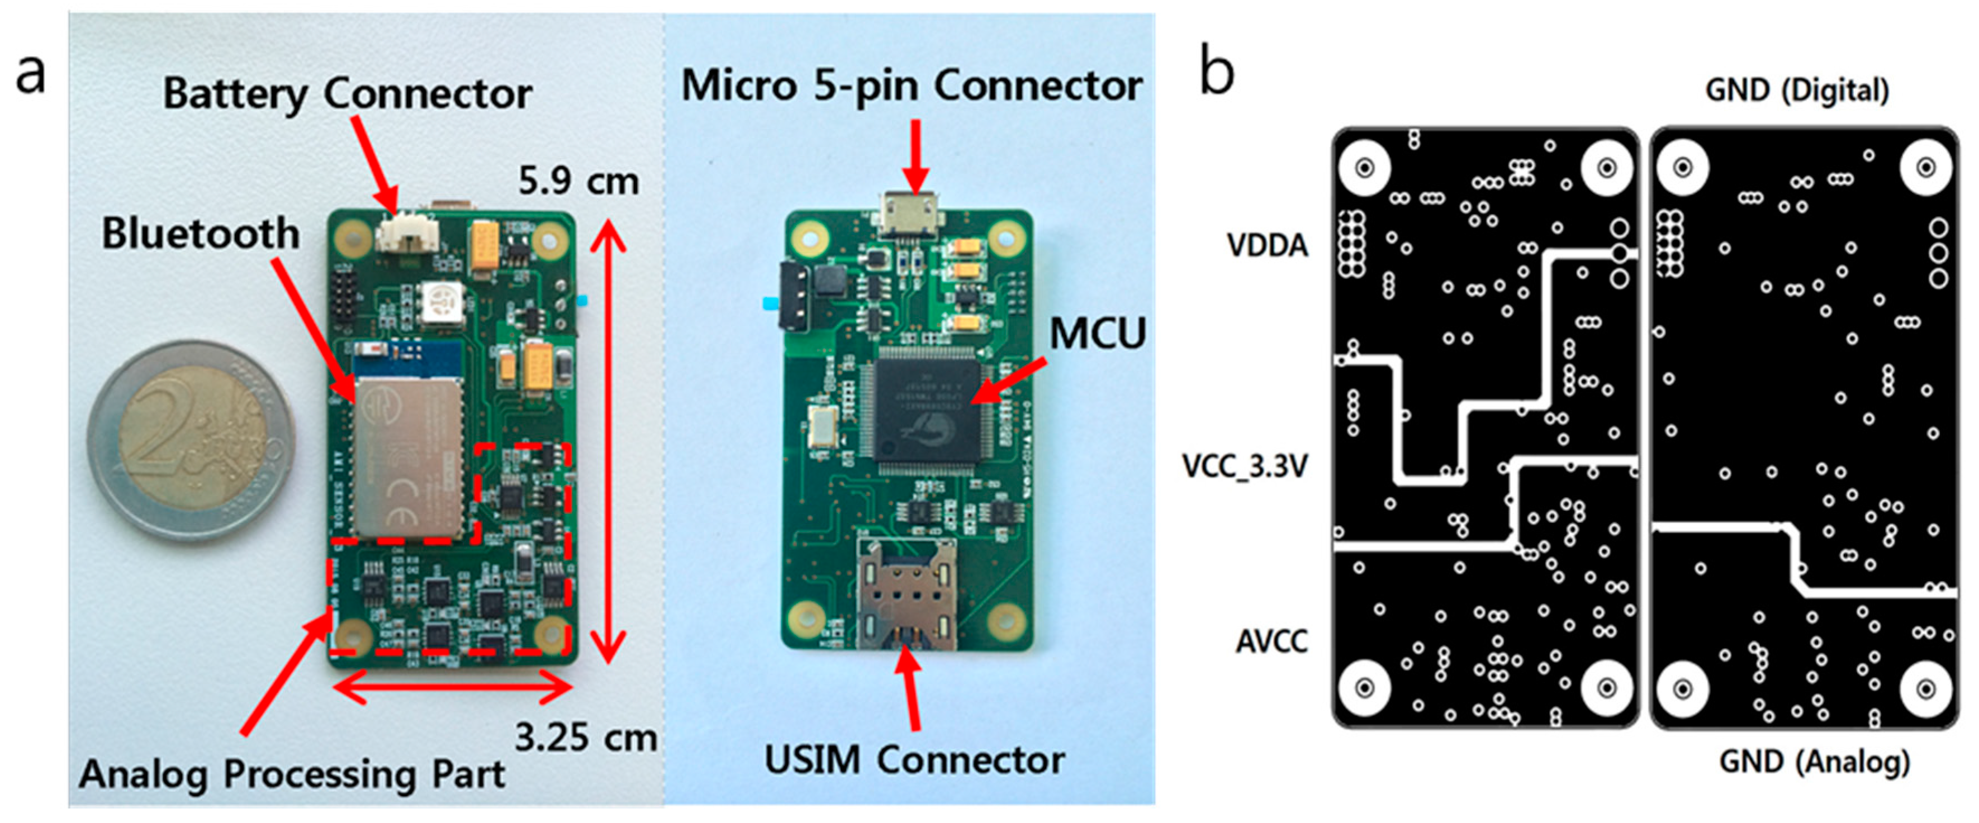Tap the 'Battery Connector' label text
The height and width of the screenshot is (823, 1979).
tap(347, 94)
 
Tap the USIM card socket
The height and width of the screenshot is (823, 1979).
tap(907, 593)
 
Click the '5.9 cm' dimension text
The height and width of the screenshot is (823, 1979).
tap(578, 182)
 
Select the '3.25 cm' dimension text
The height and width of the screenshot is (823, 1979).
tap(585, 738)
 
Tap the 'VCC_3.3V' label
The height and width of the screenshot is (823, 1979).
tap(1245, 466)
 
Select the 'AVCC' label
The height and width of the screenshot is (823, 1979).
tap(1271, 641)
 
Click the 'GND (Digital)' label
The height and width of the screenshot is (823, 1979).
tap(1796, 91)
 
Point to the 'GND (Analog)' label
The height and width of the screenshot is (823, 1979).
tap(1814, 762)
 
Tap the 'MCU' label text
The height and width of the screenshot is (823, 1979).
tap(1097, 334)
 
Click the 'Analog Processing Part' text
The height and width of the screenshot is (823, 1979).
tap(292, 774)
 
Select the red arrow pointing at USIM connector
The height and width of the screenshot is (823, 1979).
tap(911, 688)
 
